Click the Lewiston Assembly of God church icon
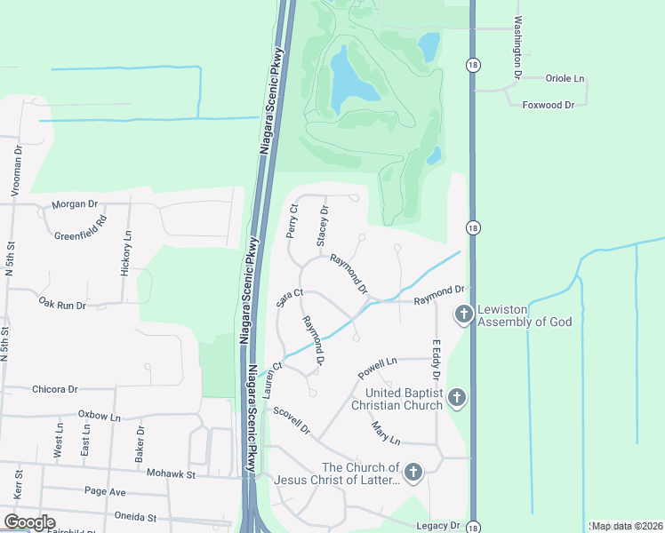463,314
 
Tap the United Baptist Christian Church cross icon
456,397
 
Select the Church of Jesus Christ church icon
413,473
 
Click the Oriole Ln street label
565,77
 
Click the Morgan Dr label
74,204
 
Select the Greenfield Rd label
93,229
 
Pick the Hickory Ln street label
127,254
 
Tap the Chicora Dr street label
54,389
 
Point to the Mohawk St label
171,473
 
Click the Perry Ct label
291,222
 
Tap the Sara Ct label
290,298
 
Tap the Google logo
29,521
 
